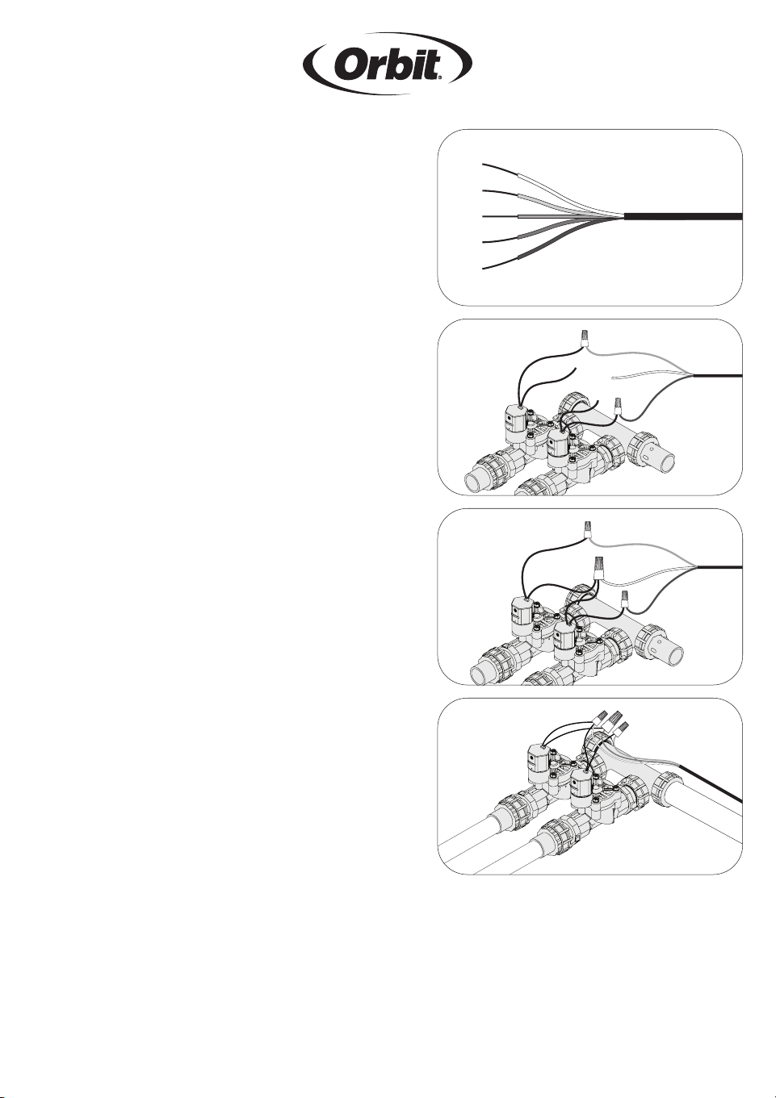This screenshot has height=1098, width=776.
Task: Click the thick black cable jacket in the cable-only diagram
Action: [x=683, y=217]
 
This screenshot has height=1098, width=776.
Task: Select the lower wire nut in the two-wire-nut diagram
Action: [x=617, y=406]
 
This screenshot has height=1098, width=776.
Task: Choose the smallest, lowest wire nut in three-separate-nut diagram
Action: [x=624, y=599]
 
